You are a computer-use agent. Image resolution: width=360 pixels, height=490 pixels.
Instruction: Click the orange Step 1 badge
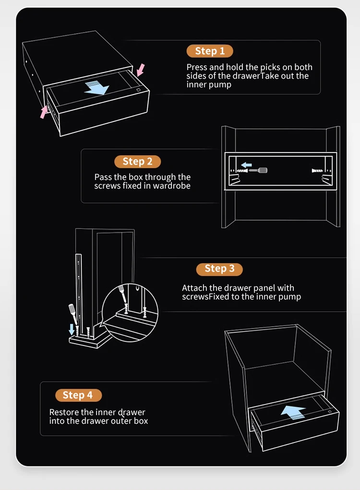209,51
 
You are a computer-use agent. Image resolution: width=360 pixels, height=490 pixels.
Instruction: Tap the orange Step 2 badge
137,162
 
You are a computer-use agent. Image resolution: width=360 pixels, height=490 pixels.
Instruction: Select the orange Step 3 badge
219,269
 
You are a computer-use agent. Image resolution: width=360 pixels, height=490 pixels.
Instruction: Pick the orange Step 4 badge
77,395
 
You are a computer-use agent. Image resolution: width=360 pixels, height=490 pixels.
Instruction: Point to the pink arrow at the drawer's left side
44,111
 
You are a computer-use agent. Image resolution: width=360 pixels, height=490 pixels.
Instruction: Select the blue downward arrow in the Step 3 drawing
72,329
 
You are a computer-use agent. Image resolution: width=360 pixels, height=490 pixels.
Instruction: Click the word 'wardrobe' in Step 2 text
172,186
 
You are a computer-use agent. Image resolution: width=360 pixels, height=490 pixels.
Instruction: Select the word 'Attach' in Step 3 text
193,288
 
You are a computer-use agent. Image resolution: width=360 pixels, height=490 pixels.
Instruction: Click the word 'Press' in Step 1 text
197,68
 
